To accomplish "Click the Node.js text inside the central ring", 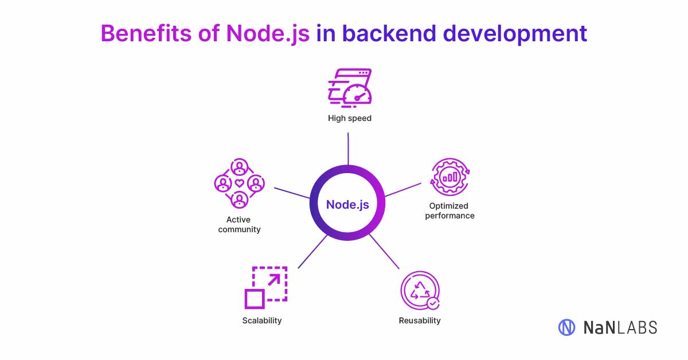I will [x=347, y=205].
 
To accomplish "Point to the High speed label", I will [x=350, y=118].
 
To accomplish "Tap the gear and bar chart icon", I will [x=450, y=177].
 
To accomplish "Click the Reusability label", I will [x=420, y=320].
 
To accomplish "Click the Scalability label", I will [x=262, y=320].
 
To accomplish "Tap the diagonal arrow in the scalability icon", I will [x=274, y=280].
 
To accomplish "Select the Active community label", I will [x=240, y=224].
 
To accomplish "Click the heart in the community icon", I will [x=240, y=183].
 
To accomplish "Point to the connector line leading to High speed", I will [x=348, y=149].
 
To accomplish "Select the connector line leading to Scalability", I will [x=312, y=252].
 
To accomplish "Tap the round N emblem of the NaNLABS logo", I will [x=566, y=327].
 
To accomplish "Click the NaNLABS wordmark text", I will [x=620, y=328].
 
